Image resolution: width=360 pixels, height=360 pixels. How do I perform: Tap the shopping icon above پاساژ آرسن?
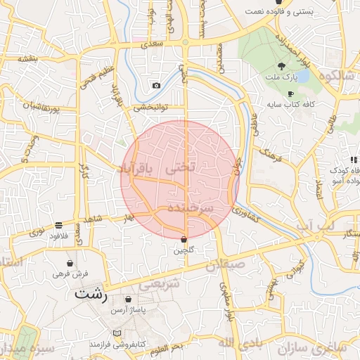pos(128,300)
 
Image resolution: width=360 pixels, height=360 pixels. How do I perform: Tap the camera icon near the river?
pos(155,86)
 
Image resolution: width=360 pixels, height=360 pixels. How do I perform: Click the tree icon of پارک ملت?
pos(281,64)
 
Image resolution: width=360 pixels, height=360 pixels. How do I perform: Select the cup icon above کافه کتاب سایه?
pos(290,94)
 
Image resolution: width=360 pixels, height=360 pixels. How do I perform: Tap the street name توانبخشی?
pos(148,108)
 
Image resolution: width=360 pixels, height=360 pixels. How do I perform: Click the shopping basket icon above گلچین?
pos(184,239)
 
